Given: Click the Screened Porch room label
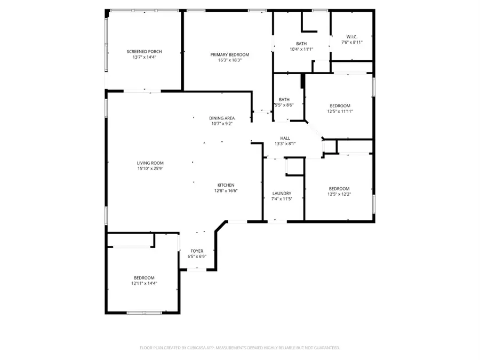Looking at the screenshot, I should [x=144, y=52].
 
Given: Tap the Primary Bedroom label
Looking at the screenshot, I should [x=229, y=54].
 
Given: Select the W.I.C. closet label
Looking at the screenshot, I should [x=351, y=37].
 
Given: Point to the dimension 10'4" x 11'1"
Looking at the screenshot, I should [x=301, y=49].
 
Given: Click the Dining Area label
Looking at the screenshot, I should [x=222, y=118].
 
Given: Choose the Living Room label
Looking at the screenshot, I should [x=150, y=163].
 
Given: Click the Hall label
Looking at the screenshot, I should [x=285, y=138].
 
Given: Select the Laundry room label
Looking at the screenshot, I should [x=282, y=193].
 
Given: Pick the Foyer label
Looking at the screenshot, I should [x=197, y=251].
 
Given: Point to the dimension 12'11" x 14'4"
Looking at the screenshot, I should [x=144, y=284].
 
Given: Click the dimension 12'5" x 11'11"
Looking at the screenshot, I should [x=340, y=111].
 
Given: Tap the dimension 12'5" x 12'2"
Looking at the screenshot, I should [x=339, y=194].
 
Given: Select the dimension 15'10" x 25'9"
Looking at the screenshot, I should [x=150, y=169].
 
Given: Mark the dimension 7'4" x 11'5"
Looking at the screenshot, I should [x=282, y=198].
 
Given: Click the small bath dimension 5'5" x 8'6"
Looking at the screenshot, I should [x=284, y=105].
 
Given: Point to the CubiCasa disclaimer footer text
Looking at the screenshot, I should [x=240, y=348].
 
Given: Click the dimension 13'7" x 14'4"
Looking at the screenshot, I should [x=144, y=57].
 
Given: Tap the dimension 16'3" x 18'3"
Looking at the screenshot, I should [x=229, y=60].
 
